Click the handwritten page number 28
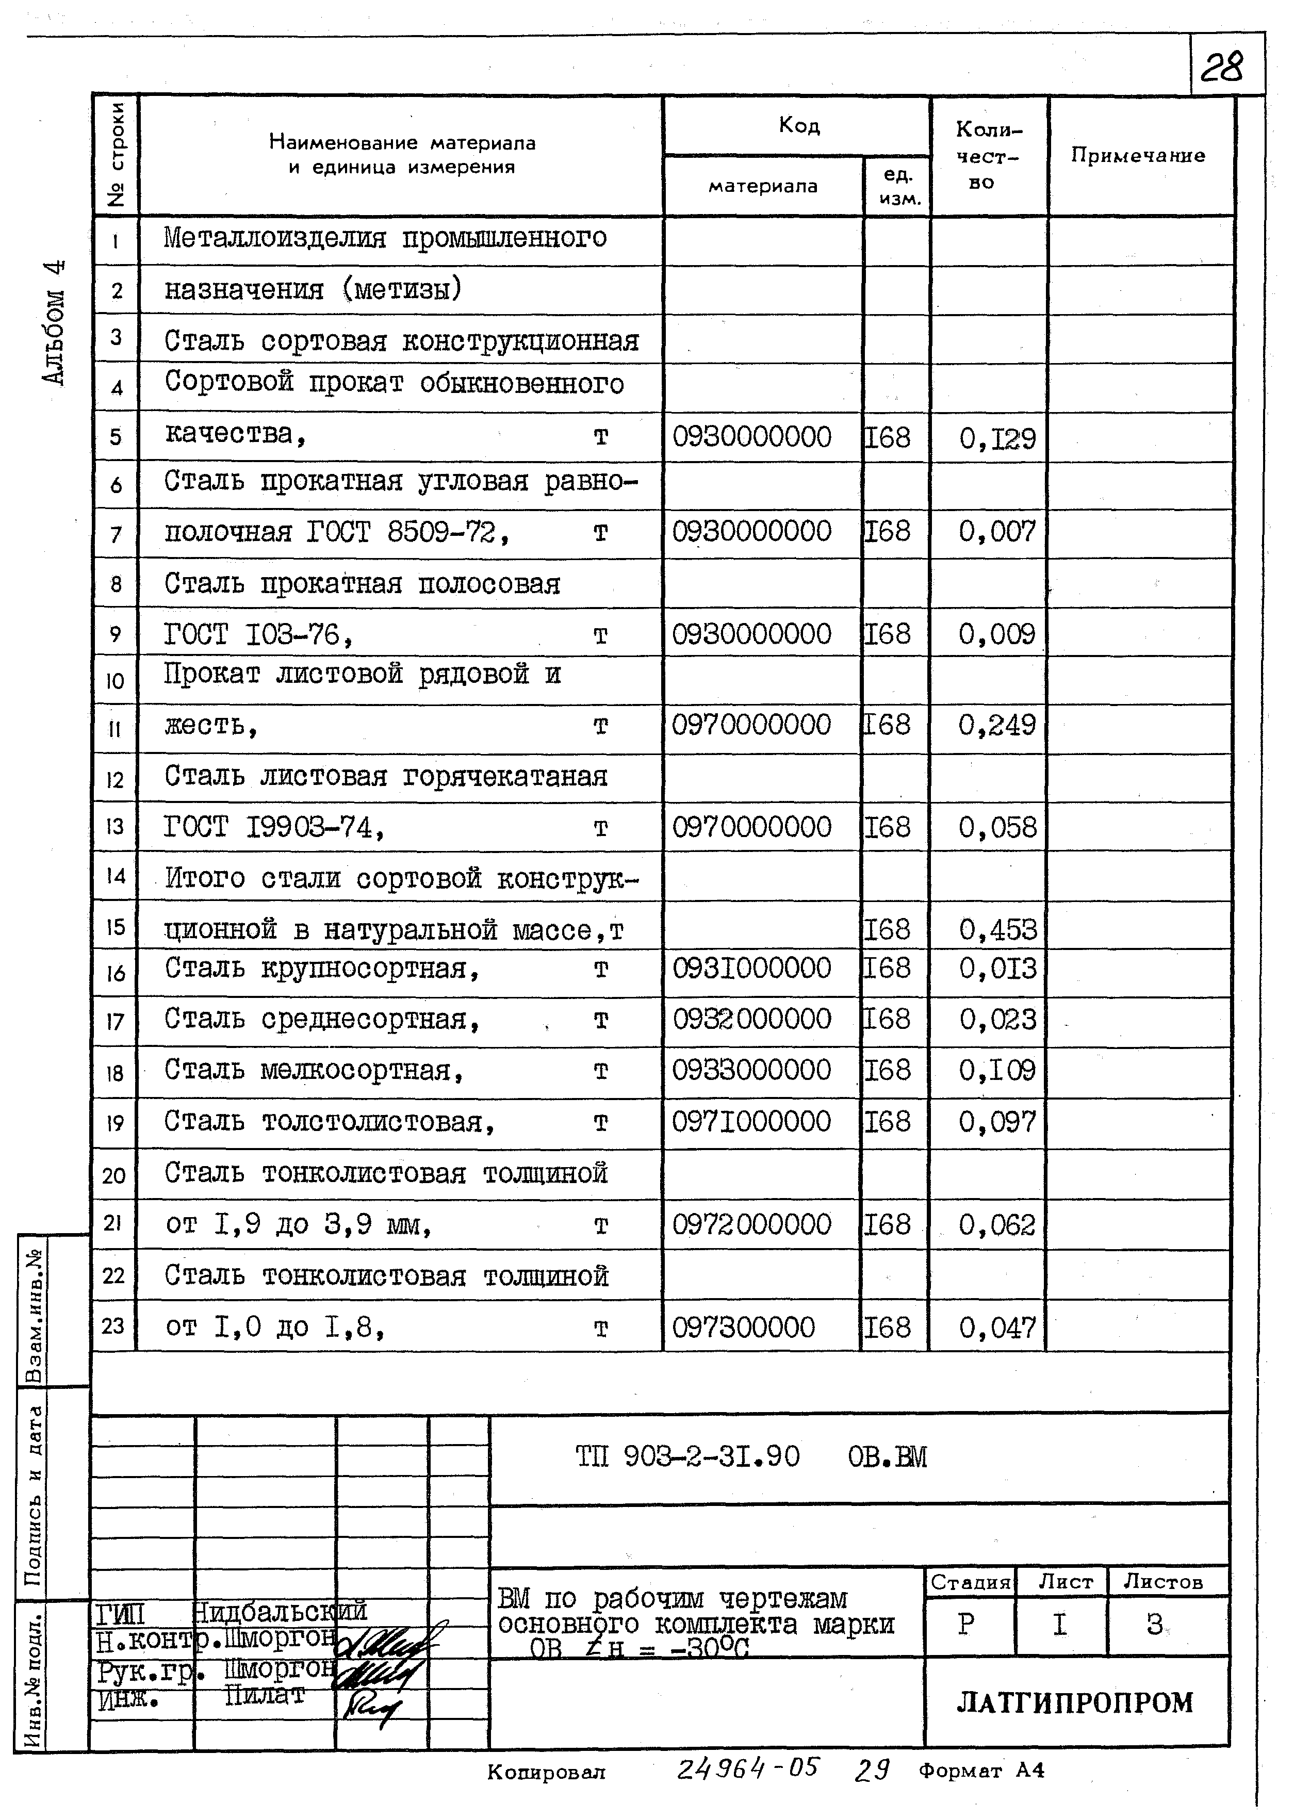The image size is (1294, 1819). click(x=1221, y=68)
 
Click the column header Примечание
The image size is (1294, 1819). click(x=1137, y=155)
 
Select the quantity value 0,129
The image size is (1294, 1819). click(x=997, y=438)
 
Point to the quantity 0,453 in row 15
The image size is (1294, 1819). click(x=997, y=929)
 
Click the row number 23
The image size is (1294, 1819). click(x=114, y=1326)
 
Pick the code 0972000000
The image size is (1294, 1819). click(x=751, y=1225)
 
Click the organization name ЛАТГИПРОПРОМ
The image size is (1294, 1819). click(x=1075, y=1702)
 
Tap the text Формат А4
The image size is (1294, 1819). click(x=981, y=1771)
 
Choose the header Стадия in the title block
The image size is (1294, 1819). click(x=970, y=1582)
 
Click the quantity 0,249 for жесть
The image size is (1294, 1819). click(x=997, y=725)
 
